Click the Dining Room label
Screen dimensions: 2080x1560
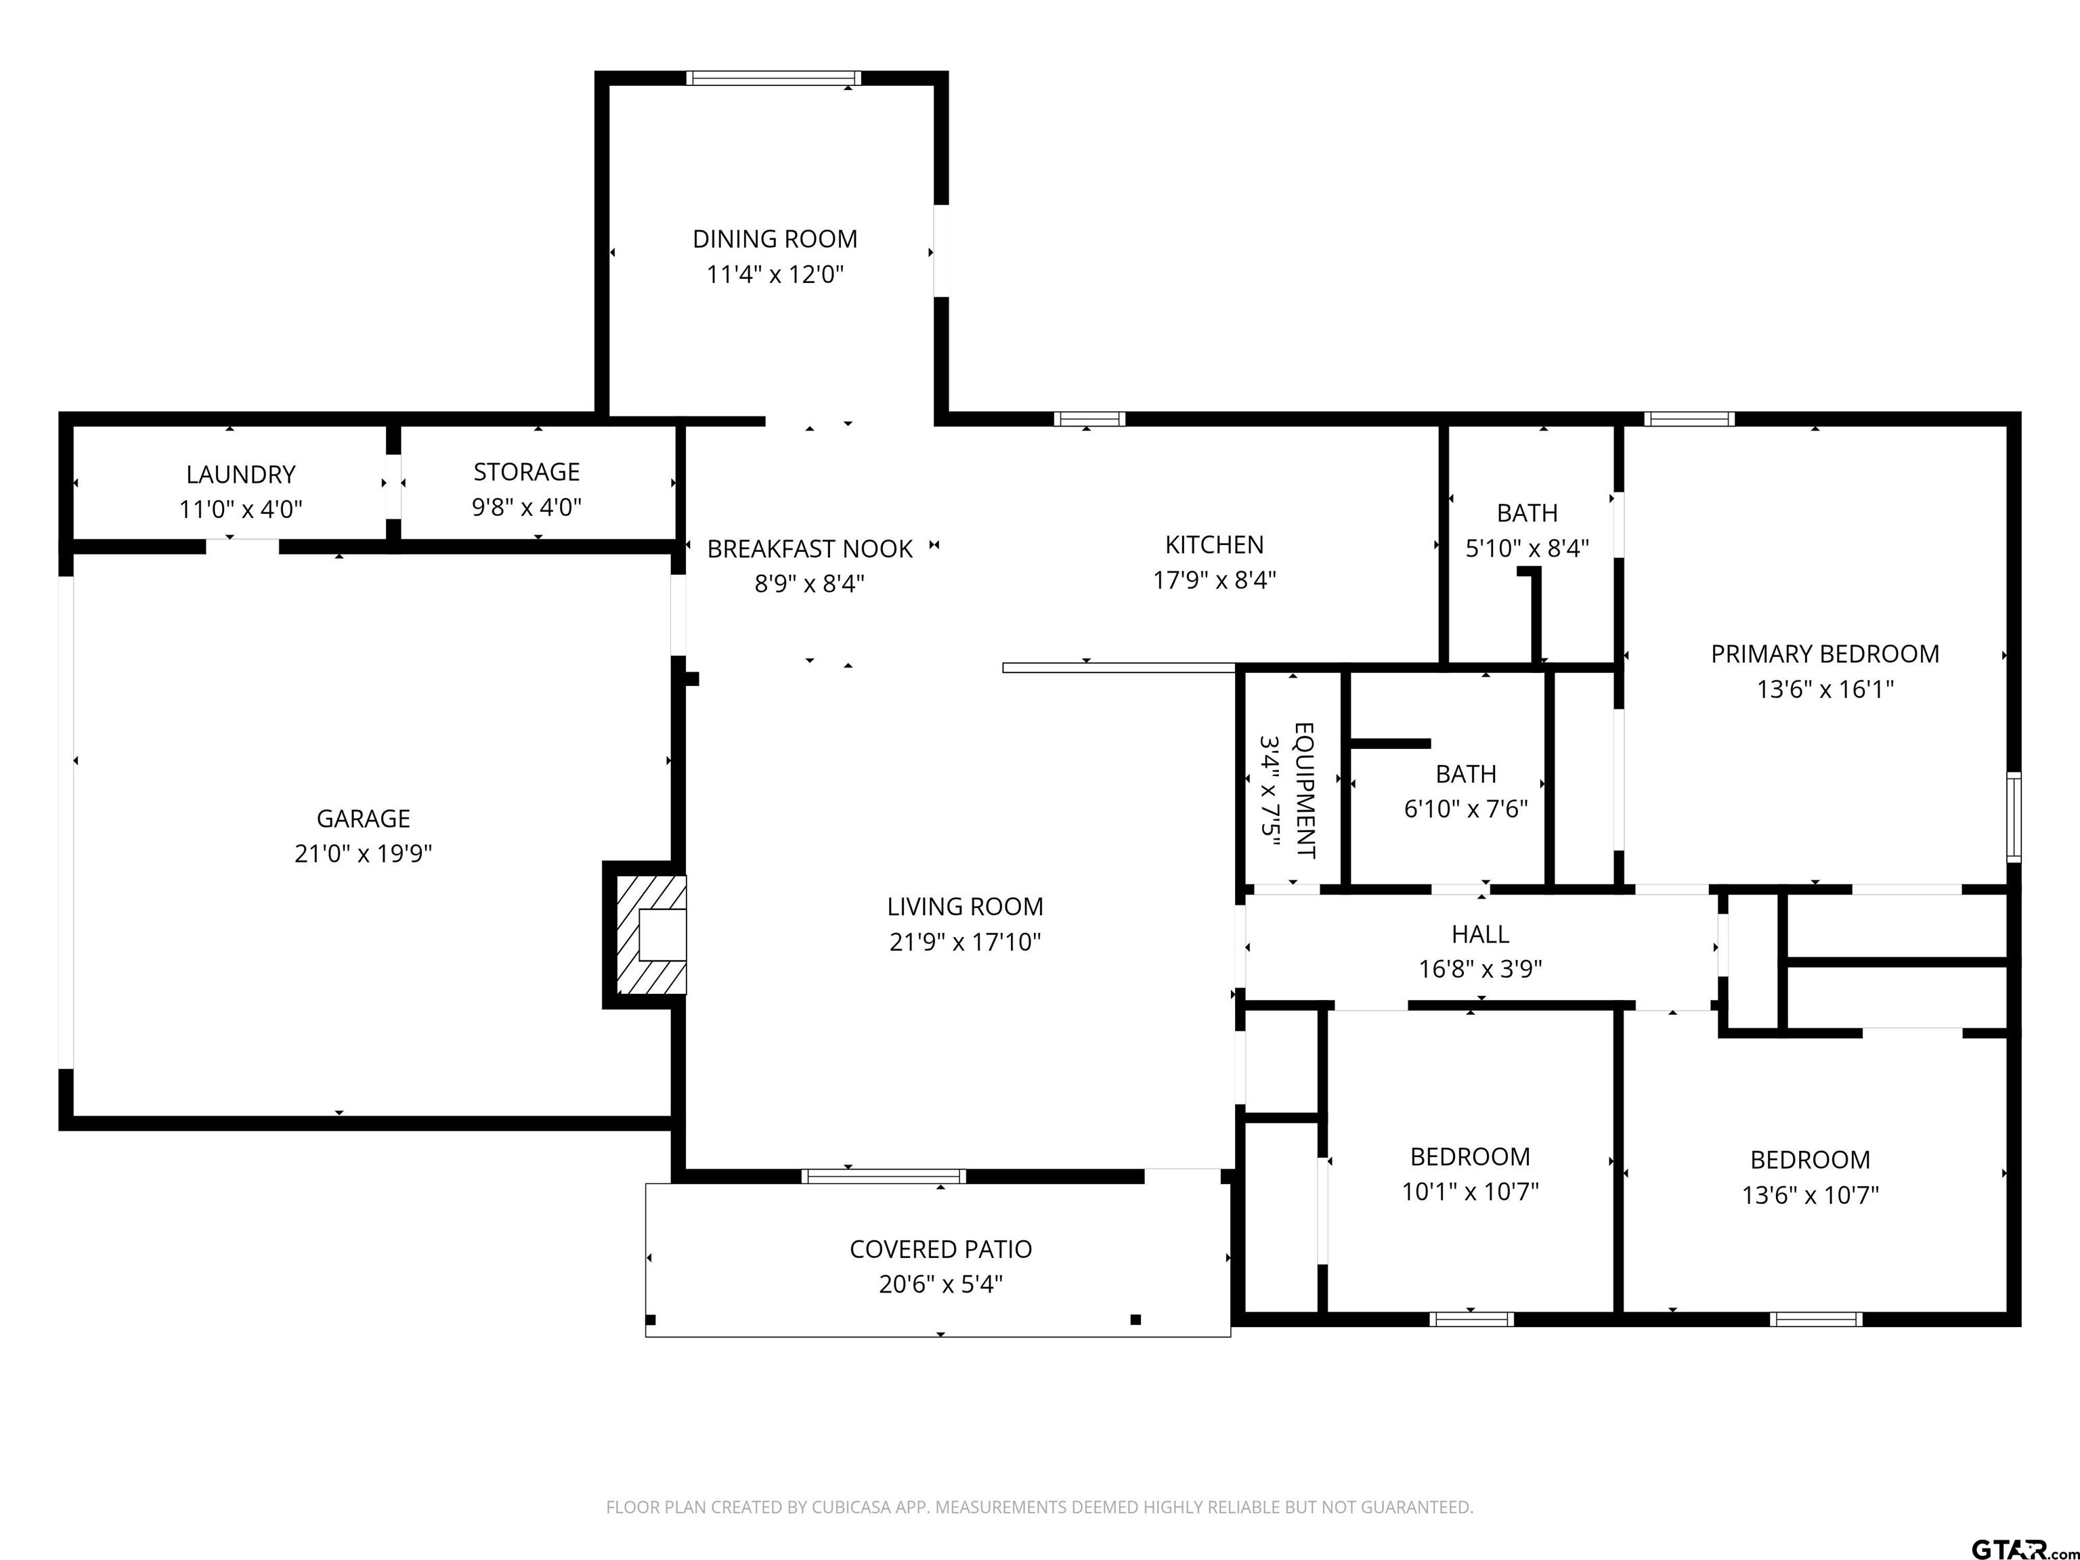tap(775, 240)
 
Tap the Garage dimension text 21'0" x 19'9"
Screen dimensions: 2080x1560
tap(363, 854)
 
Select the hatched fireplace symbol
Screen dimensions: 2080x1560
tap(651, 934)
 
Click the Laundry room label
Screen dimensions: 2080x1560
tap(241, 475)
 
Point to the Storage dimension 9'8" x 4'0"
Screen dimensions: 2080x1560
tap(527, 508)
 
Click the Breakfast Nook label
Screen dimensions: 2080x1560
tap(810, 549)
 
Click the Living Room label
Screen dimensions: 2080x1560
tap(965, 907)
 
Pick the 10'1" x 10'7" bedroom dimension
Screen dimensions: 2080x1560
tap(1471, 1192)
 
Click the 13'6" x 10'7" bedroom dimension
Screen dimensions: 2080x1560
tap(1810, 1195)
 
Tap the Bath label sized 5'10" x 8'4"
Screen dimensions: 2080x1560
tap(1527, 513)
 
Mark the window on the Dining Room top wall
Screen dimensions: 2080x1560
tap(773, 78)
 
